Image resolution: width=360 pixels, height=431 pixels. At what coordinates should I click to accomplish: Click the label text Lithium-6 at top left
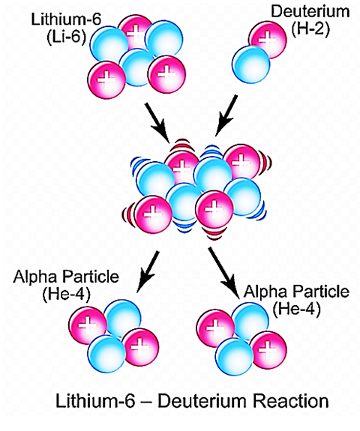tap(66, 19)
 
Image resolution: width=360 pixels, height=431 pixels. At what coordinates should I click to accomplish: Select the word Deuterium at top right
tap(310, 11)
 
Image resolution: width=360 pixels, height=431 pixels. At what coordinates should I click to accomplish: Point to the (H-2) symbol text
tap(310, 29)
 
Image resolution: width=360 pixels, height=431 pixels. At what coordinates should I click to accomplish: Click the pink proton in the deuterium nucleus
tap(268, 40)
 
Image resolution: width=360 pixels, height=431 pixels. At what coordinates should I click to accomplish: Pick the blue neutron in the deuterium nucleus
tap(250, 64)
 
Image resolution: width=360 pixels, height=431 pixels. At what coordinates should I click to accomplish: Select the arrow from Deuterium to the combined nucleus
tap(226, 115)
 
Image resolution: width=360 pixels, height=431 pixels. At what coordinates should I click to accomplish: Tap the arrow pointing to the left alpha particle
tap(148, 271)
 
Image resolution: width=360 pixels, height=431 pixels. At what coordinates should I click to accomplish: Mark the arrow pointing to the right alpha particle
tap(223, 273)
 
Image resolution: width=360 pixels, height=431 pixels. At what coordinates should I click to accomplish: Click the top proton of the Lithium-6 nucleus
tap(136, 32)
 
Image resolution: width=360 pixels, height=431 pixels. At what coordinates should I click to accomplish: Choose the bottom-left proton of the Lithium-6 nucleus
tap(107, 79)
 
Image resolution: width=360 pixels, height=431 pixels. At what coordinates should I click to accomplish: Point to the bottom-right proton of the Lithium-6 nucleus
tap(167, 74)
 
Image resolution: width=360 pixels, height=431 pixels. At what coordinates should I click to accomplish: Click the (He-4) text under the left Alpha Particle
tap(66, 295)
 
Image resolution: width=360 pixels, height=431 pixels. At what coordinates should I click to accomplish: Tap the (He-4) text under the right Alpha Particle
tap(296, 309)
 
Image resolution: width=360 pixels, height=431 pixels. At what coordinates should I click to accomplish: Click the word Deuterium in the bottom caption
tap(202, 400)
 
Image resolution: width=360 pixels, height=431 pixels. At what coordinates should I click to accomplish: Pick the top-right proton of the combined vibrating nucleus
tap(241, 163)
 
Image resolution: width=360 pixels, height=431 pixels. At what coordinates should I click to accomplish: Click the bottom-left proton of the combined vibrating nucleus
tap(153, 214)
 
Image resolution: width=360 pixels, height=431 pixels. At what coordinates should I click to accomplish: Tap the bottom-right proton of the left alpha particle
tap(140, 347)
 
